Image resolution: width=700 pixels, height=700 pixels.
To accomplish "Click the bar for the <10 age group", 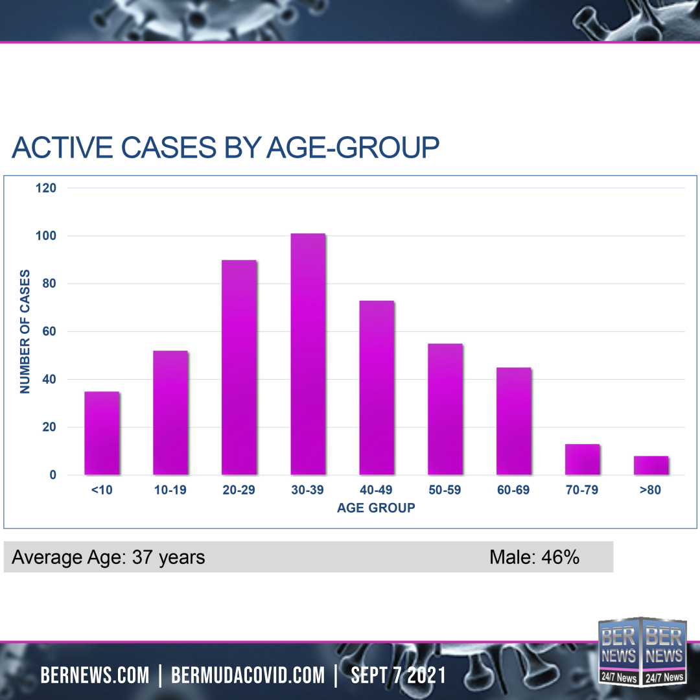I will [102, 433].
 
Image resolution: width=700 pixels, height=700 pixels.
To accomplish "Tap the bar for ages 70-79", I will [583, 459].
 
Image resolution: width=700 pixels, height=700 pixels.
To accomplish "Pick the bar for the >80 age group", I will [651, 465].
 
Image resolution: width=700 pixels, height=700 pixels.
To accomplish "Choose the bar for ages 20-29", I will [239, 367].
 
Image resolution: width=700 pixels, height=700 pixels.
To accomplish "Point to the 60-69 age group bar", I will [514, 421].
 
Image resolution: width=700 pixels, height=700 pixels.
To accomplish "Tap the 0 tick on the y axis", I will [53, 475].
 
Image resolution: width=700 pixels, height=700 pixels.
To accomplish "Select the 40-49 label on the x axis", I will [376, 490].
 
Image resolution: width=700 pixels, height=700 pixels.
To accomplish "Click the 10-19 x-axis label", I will [170, 490].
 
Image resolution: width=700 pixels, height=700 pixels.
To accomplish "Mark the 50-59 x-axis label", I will [445, 490].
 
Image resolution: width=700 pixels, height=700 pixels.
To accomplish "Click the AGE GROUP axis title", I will [376, 508].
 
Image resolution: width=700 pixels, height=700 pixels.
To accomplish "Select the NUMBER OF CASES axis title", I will [25, 331].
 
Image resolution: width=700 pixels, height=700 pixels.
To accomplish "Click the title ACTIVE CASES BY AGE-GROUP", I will [226, 148].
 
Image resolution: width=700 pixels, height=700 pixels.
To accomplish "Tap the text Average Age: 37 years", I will [108, 557].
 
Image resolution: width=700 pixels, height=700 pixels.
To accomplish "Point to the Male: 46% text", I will [534, 557].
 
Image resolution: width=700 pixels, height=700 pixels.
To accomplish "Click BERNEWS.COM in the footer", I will [95, 675].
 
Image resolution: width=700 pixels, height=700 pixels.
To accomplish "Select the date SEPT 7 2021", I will [399, 675].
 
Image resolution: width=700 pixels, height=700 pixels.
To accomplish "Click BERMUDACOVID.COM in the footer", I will [248, 675].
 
